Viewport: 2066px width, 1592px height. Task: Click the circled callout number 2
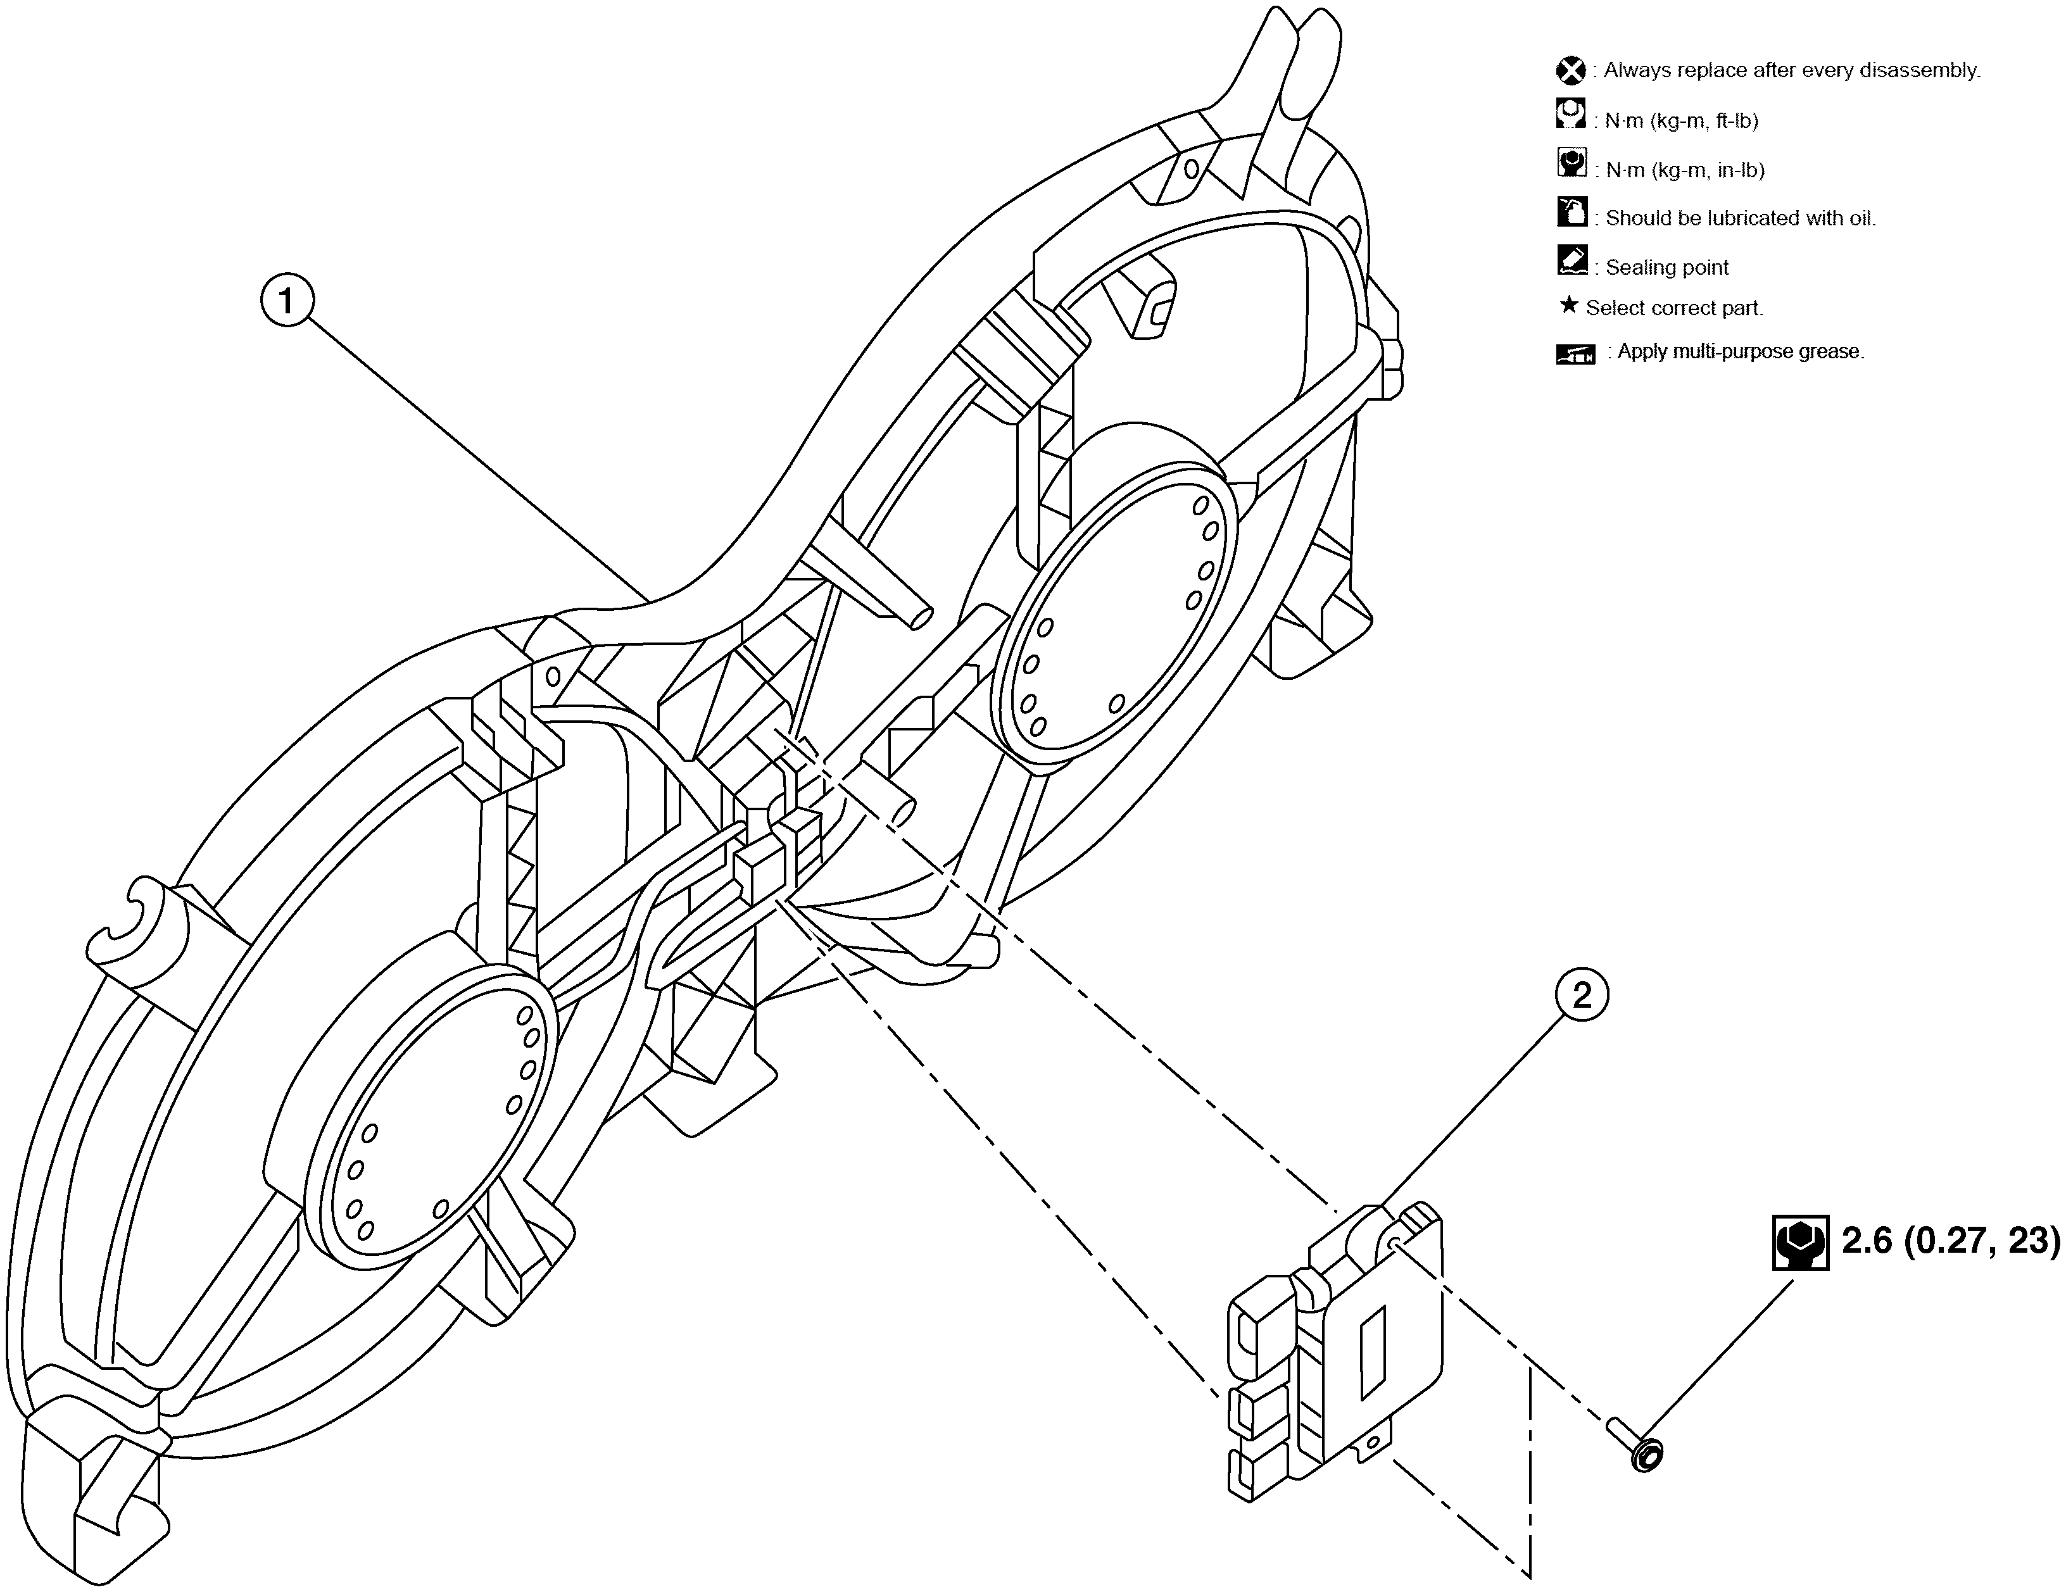(x=1581, y=995)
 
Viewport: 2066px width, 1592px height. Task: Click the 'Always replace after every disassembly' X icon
(x=1570, y=71)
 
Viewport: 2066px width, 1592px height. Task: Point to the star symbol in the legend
(x=1568, y=306)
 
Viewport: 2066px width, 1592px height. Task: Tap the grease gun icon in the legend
(x=1576, y=354)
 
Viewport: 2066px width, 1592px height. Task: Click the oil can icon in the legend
(x=1572, y=212)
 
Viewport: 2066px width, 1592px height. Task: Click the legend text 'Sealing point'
(x=1667, y=268)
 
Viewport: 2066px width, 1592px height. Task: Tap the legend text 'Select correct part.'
(x=1674, y=308)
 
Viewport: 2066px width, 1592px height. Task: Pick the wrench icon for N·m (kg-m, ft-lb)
(x=1570, y=115)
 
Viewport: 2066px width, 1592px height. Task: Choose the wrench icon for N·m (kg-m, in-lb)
(x=1572, y=163)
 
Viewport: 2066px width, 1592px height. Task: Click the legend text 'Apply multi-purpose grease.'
(x=1741, y=352)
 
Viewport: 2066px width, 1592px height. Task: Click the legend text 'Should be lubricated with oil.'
(x=1741, y=218)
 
